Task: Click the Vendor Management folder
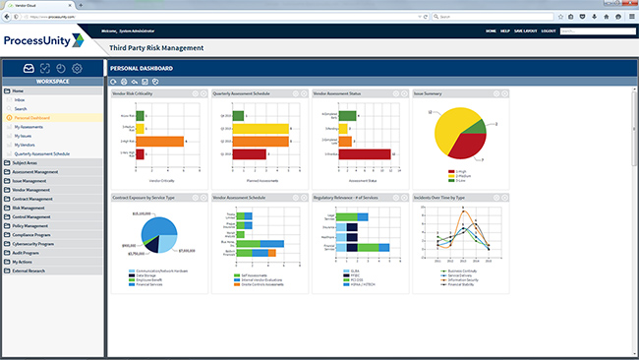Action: (x=31, y=190)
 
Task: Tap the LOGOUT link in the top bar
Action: (x=548, y=31)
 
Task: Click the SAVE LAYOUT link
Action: (x=523, y=31)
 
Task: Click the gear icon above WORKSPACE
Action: (x=77, y=68)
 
